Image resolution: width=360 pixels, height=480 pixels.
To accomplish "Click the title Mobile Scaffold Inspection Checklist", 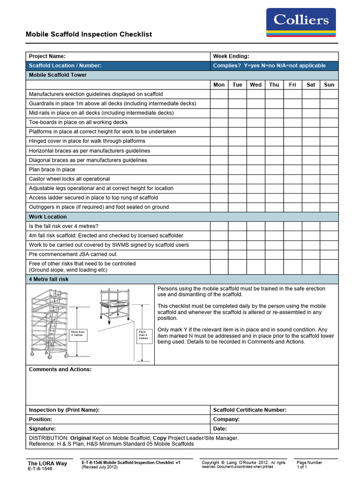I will [88, 35].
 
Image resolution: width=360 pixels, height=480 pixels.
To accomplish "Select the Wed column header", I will [256, 85].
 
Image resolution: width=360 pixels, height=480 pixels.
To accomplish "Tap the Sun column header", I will [329, 85].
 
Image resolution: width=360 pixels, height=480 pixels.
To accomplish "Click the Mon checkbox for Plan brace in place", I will [219, 170].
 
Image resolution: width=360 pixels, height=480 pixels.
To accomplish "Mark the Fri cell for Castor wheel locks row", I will [292, 179].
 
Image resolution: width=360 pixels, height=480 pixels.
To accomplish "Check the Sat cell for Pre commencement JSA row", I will [311, 255].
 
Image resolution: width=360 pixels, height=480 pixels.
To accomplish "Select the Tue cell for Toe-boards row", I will [237, 122].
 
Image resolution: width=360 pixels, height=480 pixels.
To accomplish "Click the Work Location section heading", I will [48, 217].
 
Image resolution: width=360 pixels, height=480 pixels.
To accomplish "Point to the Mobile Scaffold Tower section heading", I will [58, 75].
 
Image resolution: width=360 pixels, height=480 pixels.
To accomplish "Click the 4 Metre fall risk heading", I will [49, 279].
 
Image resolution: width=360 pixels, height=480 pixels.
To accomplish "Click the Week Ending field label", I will [231, 56].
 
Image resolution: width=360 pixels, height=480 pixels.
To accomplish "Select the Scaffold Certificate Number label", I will [250, 410].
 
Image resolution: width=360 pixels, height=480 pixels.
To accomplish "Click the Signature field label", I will [42, 429].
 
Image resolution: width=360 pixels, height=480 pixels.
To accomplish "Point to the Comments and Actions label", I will [60, 370].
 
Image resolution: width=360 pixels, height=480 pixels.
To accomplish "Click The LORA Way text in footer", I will [47, 464].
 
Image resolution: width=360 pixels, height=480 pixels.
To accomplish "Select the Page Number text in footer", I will [309, 463].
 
